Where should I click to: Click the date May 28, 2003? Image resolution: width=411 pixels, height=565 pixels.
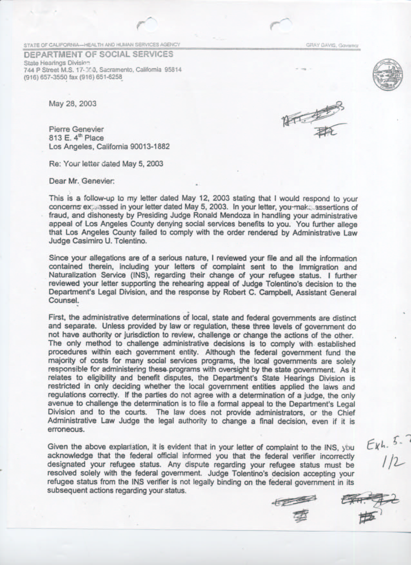click(73, 104)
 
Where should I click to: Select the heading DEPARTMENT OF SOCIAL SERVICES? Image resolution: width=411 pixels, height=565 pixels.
click(99, 54)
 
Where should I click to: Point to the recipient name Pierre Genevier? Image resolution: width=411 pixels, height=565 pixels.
click(76, 129)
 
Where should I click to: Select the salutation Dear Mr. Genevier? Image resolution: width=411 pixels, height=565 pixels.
click(82, 181)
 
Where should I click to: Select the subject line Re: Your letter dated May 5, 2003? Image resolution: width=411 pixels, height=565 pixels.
click(106, 164)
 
